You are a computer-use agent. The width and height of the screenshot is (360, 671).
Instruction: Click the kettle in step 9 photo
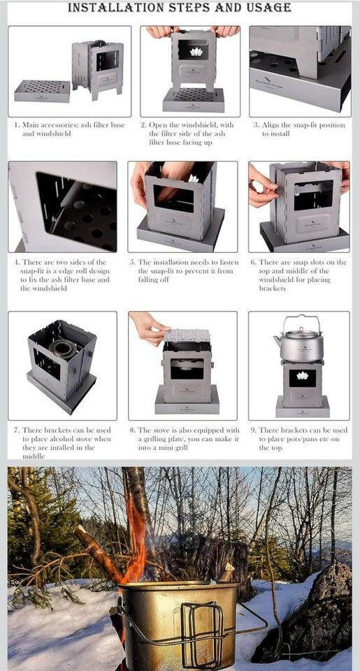pos(299,338)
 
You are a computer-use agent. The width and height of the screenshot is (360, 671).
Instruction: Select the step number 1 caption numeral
pos(17,125)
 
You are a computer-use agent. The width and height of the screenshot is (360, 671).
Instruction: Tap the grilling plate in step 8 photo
pos(187,335)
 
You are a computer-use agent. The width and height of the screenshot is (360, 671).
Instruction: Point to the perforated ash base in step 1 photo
pos(42,91)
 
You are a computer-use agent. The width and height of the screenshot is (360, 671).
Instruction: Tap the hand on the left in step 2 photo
pos(161,31)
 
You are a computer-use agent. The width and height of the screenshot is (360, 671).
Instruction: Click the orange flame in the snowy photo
pos(135,535)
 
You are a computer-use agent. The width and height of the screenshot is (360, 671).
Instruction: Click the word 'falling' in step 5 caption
pos(148,280)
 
